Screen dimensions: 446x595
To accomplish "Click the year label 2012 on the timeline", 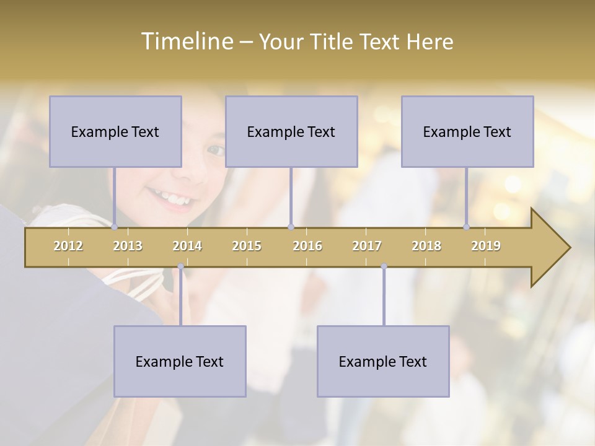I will [68, 246].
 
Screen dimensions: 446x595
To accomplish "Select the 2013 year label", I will [128, 246].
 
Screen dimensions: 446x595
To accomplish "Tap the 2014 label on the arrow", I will [187, 246].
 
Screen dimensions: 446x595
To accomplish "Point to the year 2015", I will [247, 246].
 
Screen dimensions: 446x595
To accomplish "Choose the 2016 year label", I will [307, 246].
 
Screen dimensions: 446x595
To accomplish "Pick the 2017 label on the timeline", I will [367, 246].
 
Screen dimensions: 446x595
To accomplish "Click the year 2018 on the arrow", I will [426, 246].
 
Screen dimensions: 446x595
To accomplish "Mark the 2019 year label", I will [486, 246].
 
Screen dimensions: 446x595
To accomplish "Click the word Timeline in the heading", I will [187, 42].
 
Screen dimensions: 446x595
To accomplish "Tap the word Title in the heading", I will [333, 42].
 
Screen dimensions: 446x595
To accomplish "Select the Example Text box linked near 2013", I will [115, 131].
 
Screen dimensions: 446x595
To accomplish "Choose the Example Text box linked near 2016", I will [291, 131].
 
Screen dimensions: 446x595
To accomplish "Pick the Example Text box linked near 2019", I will [467, 131].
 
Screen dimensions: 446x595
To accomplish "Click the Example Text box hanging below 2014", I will [180, 361].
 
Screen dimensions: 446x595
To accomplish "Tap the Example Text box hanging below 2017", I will [383, 361].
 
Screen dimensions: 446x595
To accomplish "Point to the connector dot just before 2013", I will [115, 227].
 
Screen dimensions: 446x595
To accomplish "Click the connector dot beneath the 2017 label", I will [384, 266].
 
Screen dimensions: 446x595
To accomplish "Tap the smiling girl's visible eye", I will [216, 150].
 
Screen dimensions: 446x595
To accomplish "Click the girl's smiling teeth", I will [177, 200].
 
